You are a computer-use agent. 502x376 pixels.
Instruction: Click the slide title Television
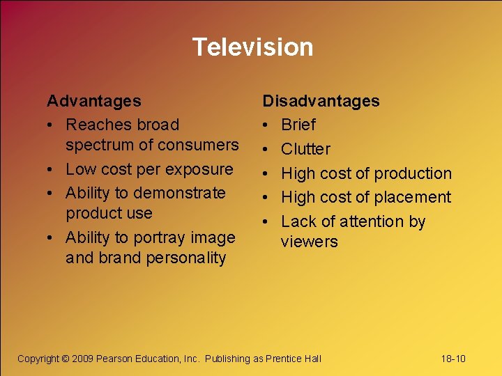click(x=252, y=47)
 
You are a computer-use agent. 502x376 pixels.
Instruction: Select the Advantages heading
click(x=93, y=101)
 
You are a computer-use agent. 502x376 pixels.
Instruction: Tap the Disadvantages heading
click(x=321, y=101)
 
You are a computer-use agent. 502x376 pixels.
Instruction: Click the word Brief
click(x=298, y=125)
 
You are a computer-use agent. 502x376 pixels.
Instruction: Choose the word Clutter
click(x=305, y=149)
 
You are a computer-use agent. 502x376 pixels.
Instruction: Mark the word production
click(x=413, y=173)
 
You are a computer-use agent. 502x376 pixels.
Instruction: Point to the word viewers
click(x=309, y=242)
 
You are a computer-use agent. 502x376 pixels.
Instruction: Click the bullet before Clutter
click(x=266, y=149)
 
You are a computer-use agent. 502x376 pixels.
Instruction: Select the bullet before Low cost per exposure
click(x=51, y=169)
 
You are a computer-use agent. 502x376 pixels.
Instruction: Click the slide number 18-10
click(x=453, y=359)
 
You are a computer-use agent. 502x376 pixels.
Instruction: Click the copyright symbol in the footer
click(x=66, y=359)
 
